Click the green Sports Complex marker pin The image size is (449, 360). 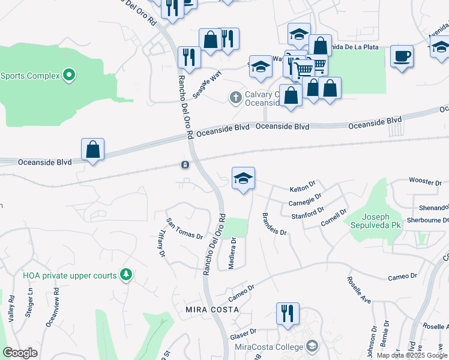coord(70,76)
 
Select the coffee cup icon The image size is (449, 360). coord(402,57)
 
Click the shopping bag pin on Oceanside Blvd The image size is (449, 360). coord(93,149)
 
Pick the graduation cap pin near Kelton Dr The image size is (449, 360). coord(243,178)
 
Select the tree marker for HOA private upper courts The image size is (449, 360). coord(125,275)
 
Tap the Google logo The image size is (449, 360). coord(20,353)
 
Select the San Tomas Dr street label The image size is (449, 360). coord(184,228)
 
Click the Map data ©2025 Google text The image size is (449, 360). coord(411,355)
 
